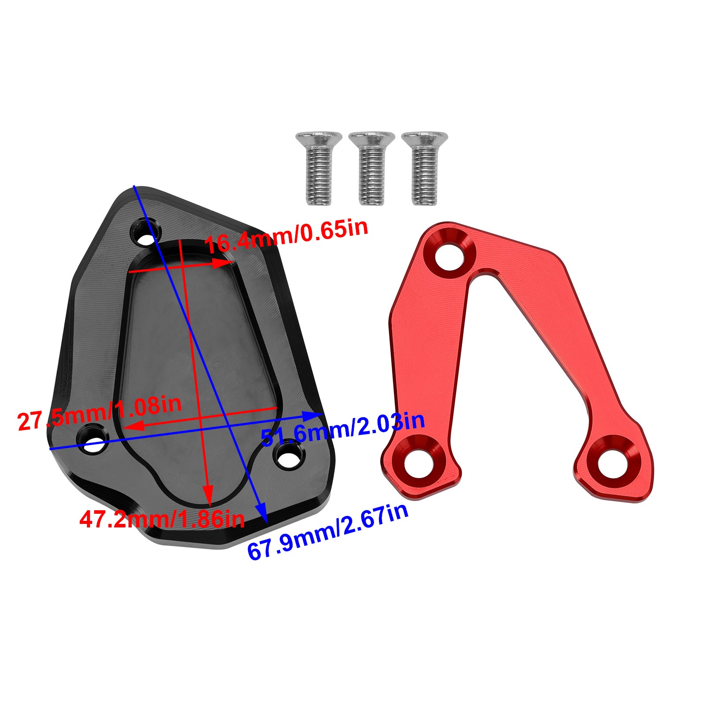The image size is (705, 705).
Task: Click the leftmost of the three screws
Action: coord(318,169)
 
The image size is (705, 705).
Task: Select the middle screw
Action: coord(371,169)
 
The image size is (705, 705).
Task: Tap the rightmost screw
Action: coord(424,169)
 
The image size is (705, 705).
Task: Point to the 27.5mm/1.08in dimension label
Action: coord(100,413)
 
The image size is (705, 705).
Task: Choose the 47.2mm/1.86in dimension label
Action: coord(162,518)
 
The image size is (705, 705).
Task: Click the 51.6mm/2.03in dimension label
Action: coord(343,429)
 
